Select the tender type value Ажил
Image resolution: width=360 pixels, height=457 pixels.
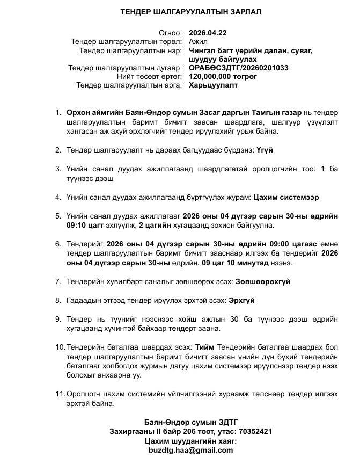click(199, 41)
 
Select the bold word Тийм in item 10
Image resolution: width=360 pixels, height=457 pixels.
click(204, 347)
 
